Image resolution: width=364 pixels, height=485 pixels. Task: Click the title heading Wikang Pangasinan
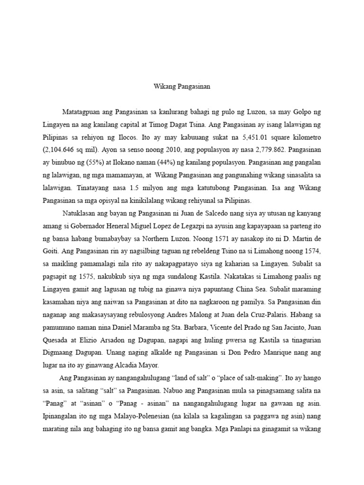(182, 87)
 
